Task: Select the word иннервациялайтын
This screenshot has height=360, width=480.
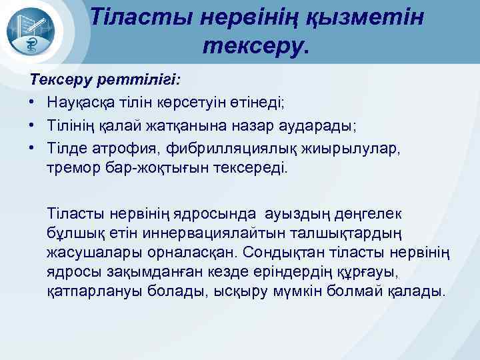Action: coord(190,233)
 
